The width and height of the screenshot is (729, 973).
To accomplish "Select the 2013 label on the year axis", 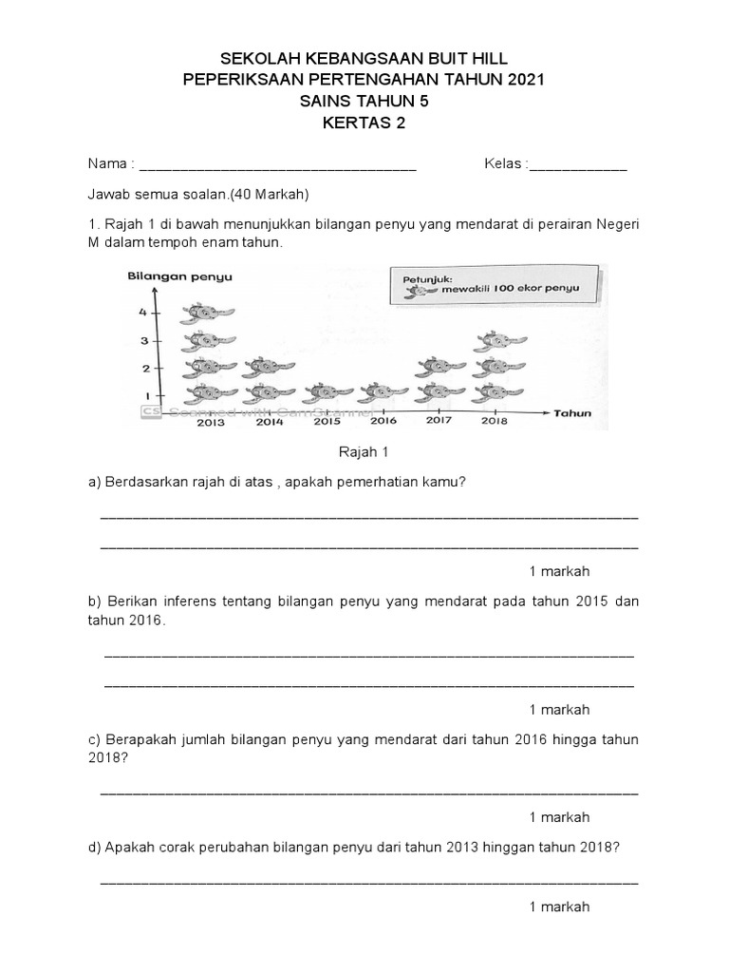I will pyautogui.click(x=211, y=422).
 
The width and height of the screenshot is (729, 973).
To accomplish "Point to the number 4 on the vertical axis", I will pyautogui.click(x=143, y=313).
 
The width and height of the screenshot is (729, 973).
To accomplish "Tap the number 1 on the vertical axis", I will pyautogui.click(x=147, y=394).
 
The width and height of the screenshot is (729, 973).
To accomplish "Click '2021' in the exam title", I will pyautogui.click(x=519, y=81).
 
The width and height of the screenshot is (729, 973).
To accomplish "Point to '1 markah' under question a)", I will pyautogui.click(x=559, y=571).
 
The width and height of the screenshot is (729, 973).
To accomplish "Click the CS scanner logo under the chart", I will pyautogui.click(x=150, y=411).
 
